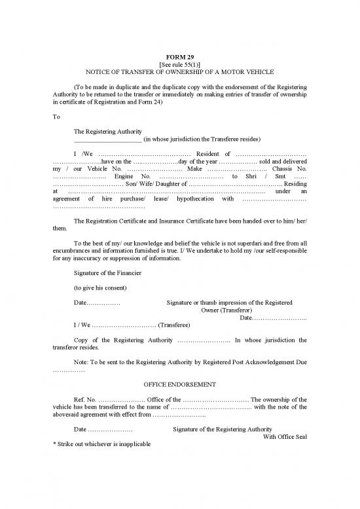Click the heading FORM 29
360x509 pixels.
coord(179,57)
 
